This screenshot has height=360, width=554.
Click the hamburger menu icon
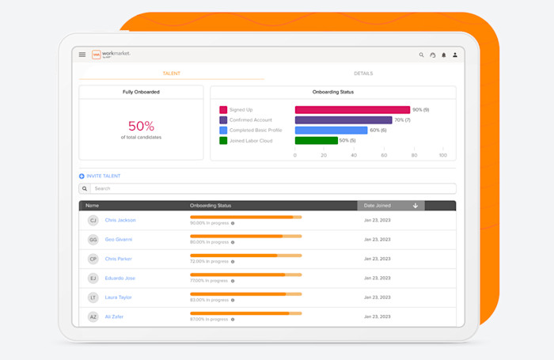pos(82,55)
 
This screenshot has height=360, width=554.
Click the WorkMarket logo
pos(111,55)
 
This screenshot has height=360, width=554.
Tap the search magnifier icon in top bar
pos(421,55)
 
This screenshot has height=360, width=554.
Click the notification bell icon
pos(443,55)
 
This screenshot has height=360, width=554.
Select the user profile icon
pos(454,55)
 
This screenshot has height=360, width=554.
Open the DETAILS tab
pos(363,74)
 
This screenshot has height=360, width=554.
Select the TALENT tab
pos(171,74)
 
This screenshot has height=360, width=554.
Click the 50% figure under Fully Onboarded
pos(141,126)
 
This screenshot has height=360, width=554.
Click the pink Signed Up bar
pos(352,110)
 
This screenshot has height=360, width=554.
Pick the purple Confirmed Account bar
pos(343,120)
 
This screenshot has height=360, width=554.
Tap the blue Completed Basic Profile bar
pos(331,131)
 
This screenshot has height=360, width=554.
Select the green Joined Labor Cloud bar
pos(316,141)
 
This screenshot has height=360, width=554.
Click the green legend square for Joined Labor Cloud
pos(223,141)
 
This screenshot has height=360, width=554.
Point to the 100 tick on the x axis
pos(442,155)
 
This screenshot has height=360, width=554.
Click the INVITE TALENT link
pos(103,176)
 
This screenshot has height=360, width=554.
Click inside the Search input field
pos(269,189)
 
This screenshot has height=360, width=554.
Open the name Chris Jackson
pos(120,220)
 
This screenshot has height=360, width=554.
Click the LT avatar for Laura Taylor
pos(93,297)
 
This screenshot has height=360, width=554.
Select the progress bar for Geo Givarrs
pos(245,236)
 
